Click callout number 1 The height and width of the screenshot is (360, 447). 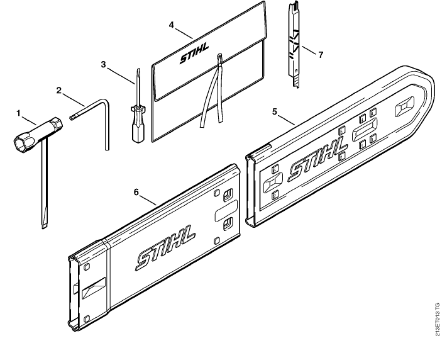click(19, 114)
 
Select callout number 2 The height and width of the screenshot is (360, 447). click(58, 91)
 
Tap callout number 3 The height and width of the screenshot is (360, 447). click(103, 65)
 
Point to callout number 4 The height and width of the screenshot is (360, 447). click(171, 25)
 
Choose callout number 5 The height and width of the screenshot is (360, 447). click(275, 111)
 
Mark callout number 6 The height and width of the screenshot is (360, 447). click(136, 193)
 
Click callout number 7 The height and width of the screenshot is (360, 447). click(321, 55)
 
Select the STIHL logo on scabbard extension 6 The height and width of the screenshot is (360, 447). click(166, 248)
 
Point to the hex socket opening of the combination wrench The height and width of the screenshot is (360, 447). click(21, 142)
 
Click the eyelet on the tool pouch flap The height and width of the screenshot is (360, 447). click(219, 55)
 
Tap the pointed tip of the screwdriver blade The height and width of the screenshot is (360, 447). click(138, 69)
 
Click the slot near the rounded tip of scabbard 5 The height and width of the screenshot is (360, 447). click(404, 107)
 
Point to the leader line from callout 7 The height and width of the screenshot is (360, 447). click(309, 50)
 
